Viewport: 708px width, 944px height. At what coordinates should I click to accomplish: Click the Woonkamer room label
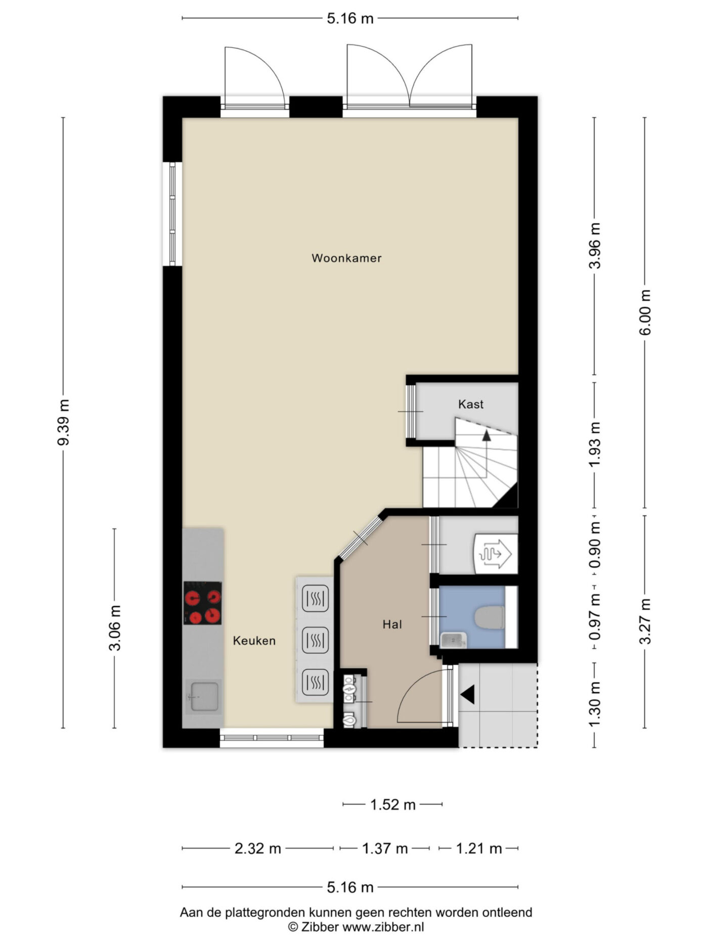click(346, 258)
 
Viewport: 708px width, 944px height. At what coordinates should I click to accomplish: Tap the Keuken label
click(254, 641)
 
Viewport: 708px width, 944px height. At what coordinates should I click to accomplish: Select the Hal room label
click(392, 624)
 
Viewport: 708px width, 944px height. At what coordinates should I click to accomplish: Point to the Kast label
click(471, 404)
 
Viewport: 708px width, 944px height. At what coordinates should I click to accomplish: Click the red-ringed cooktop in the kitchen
click(202, 603)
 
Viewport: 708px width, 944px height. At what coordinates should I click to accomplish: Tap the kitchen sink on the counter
click(203, 696)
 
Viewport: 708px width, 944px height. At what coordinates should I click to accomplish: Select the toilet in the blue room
click(490, 617)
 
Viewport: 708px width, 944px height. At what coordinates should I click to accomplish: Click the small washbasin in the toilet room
click(453, 641)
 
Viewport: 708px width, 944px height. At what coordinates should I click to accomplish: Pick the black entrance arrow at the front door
click(467, 694)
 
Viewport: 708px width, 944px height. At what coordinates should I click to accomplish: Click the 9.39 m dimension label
click(64, 422)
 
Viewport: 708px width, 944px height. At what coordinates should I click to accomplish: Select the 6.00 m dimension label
click(645, 312)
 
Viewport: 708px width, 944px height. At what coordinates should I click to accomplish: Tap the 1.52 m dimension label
click(393, 804)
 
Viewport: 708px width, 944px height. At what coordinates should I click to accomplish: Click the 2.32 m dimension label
click(258, 848)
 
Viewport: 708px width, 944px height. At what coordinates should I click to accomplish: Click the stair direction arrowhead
click(486, 435)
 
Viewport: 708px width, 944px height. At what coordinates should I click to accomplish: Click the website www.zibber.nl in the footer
click(383, 927)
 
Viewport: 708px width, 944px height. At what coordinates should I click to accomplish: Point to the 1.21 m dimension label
click(479, 848)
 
